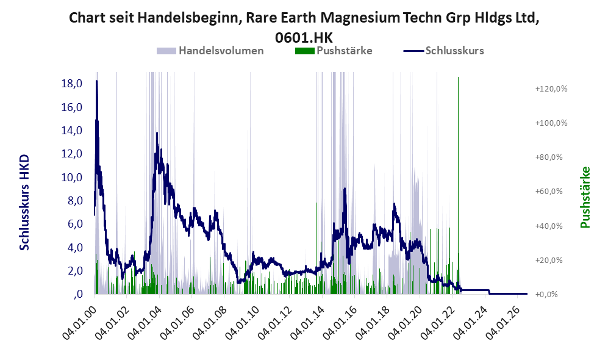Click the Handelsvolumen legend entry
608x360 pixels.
(210, 51)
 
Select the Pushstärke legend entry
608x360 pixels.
(334, 51)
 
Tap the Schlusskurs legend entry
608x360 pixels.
(443, 51)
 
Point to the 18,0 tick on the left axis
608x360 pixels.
(72, 84)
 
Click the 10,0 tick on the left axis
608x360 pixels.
(72, 178)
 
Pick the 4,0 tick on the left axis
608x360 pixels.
(75, 248)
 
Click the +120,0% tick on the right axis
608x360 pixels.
(551, 89)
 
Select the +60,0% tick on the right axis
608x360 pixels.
(549, 191)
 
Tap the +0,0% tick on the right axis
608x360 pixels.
(547, 295)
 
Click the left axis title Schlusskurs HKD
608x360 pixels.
(24, 202)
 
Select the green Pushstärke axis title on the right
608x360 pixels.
(585, 198)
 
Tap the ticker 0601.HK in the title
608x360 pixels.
(304, 38)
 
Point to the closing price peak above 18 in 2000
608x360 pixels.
(96, 81)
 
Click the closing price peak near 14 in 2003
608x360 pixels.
(157, 133)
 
